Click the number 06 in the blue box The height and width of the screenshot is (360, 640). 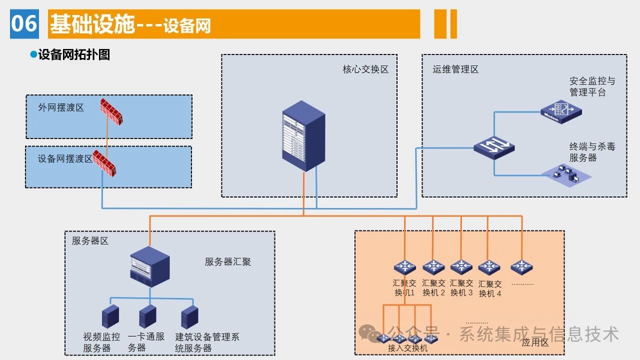coord(24,23)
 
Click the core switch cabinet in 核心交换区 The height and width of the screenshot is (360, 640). coord(303,136)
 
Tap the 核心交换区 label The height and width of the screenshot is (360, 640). coord(365,69)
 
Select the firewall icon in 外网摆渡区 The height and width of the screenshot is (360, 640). coord(111,111)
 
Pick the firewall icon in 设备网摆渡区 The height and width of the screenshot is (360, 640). coord(104,163)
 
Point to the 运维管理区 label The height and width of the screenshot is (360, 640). coord(455,69)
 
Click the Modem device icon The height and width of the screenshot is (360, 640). coord(561,111)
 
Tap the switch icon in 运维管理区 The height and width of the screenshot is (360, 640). coord(494,145)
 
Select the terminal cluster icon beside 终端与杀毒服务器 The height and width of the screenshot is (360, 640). coord(566,175)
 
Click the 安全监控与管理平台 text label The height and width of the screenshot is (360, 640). coord(592,86)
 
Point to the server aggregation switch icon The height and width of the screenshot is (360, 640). coord(149,266)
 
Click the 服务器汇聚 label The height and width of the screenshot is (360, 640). coord(228,261)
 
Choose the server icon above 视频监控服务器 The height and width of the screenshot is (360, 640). coord(110,316)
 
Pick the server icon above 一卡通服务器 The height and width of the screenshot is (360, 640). coord(147,316)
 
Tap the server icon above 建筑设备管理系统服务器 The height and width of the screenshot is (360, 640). coord(189,316)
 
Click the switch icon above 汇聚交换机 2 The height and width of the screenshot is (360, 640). coord(433,267)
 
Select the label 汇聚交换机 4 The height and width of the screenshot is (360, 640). coord(489,288)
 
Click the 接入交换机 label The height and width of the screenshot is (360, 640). coord(407,348)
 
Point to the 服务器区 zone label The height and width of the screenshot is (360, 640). coord(90,241)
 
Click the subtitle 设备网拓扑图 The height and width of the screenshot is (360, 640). coord(74,54)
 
